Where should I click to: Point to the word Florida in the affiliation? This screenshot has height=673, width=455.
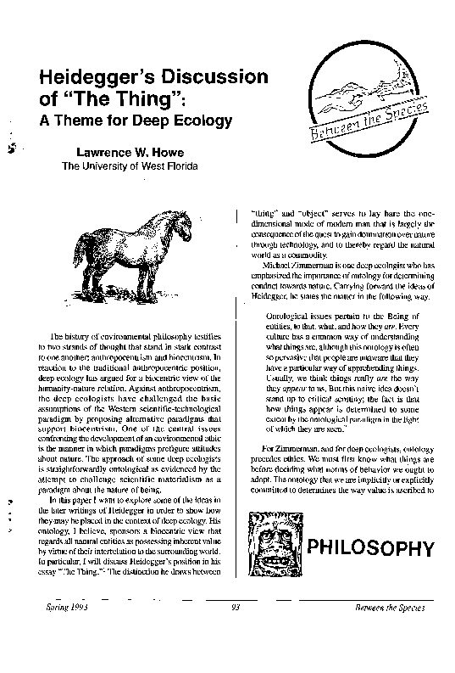tap(179, 165)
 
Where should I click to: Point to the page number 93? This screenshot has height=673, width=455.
tap(237, 609)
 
